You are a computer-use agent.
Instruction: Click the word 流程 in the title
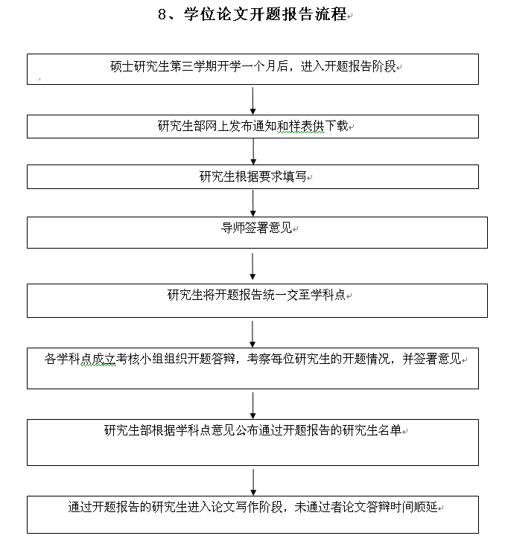coord(332,15)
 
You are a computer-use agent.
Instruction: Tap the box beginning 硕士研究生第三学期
coord(253,68)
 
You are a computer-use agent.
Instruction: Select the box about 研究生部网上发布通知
coord(253,127)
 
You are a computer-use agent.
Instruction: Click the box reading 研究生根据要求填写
coord(253,177)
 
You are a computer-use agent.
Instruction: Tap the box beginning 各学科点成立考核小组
coord(253,368)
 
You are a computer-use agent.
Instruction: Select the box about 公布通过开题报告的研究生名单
coord(253,442)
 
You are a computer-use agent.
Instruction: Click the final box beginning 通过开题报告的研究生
coord(253,514)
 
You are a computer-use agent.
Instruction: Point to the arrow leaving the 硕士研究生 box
coord(253,100)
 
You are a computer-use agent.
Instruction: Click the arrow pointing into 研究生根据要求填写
coord(253,152)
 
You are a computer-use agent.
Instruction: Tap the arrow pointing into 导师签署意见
coord(253,202)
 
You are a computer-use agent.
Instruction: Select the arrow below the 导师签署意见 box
coord(253,266)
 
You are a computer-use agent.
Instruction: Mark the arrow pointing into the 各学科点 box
coord(253,333)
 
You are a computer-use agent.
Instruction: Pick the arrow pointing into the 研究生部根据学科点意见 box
coord(253,405)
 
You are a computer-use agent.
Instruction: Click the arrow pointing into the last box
coord(253,481)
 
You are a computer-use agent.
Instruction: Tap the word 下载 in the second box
coord(336,126)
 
